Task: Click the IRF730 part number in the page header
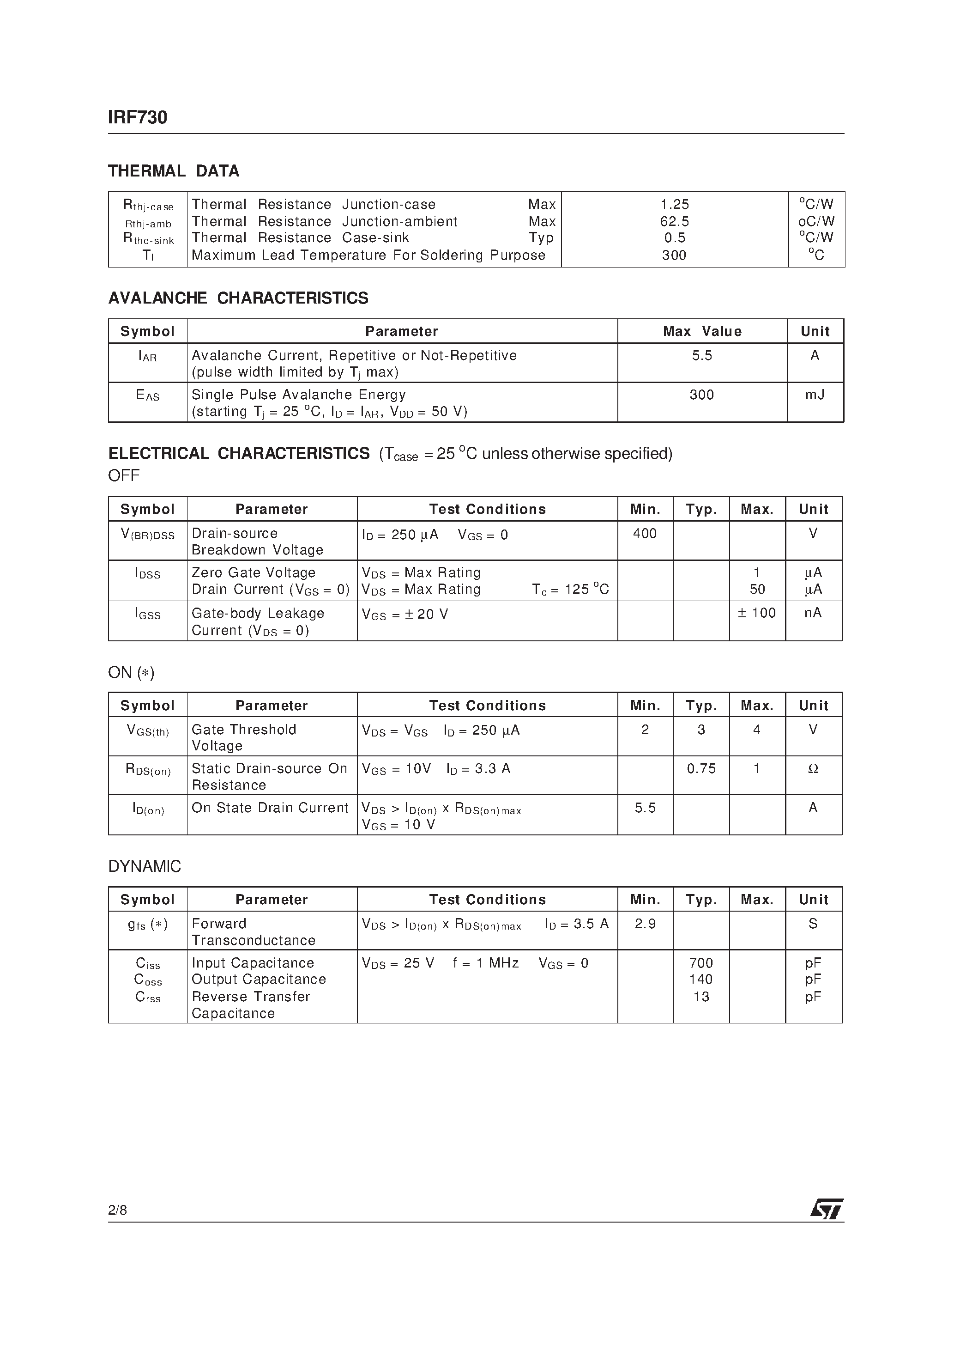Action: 138,118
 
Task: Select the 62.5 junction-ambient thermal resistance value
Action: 674,222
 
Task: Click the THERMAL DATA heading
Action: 174,171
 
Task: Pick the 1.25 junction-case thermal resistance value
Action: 674,205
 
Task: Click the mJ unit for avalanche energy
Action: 815,395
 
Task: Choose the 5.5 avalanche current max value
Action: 702,355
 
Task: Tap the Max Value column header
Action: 702,331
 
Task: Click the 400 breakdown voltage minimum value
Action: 645,534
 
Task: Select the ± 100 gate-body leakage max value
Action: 756,613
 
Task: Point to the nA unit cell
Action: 813,613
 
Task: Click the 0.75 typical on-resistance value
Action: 701,769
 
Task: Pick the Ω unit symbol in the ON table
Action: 813,769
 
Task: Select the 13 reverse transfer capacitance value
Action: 701,997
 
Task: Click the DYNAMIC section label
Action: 145,867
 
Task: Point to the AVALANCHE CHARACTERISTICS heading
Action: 238,298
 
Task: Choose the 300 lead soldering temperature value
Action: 674,256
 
